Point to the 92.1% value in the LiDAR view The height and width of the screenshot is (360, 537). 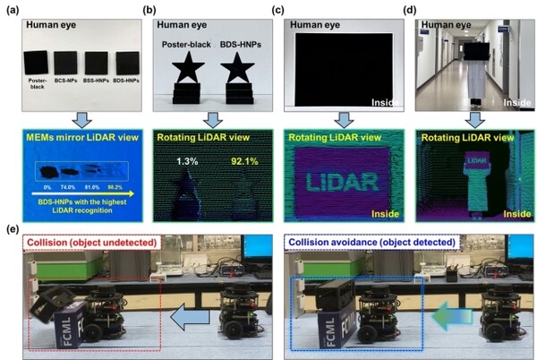239,162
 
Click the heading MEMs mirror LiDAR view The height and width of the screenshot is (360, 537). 76,138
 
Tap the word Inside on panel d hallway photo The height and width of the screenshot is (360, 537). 516,103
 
